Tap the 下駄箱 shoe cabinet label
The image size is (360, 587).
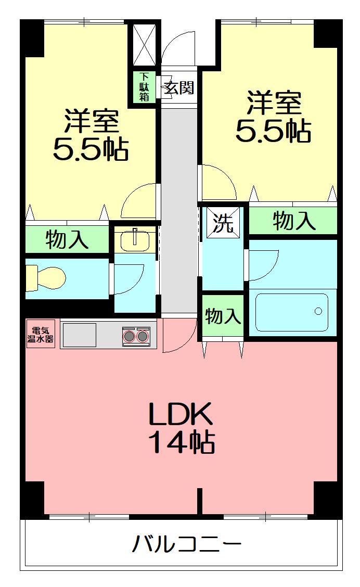pos(144,87)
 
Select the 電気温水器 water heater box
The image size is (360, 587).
pos(40,333)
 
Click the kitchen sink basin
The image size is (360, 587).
pos(79,334)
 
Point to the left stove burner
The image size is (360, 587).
pos(128,337)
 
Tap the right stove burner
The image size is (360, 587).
pos(143,337)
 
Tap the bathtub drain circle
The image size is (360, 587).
pos(318,312)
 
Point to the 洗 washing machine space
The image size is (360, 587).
pos(223,223)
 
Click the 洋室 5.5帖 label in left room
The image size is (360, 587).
pos(91,135)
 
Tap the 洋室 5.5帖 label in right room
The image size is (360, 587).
pos(273,117)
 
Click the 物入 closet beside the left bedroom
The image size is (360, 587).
pos(67,239)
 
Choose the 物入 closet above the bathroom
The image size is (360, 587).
pos(294,221)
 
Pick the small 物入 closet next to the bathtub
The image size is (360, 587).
pos(223,315)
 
